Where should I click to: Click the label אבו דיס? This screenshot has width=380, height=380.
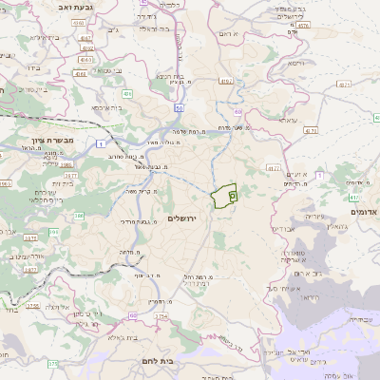[x=284, y=229]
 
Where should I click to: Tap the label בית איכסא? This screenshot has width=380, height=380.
[x=106, y=108]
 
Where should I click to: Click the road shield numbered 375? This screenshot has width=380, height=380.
[x=53, y=363]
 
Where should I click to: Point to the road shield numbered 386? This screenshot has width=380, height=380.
[x=80, y=217]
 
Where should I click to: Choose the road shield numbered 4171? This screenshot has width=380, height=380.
[x=274, y=169]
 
